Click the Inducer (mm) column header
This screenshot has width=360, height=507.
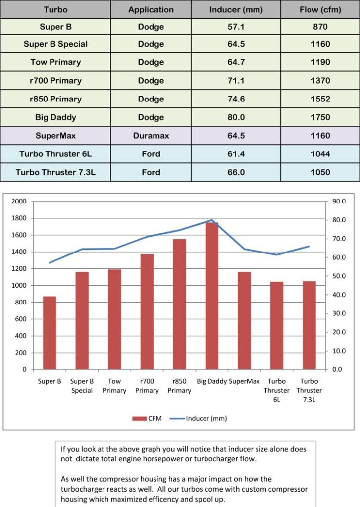coord(236,10)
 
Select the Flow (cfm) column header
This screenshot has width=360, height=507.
coord(320,10)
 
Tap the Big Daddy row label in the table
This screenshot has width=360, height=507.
coord(55,117)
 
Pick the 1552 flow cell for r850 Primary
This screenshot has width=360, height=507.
coord(320,99)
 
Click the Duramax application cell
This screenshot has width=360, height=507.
coord(151,136)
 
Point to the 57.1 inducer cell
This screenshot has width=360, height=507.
coord(236,27)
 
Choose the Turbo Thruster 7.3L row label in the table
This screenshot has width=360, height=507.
coord(55,172)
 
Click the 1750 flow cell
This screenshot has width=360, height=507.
coord(320,117)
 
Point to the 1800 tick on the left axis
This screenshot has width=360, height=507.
coord(20,218)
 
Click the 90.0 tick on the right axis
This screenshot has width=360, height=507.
coord(339,202)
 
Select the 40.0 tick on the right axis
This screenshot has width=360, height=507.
coord(339,295)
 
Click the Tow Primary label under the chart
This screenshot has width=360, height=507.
coord(114,386)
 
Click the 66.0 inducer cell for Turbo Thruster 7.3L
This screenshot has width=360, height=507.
coord(236,172)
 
